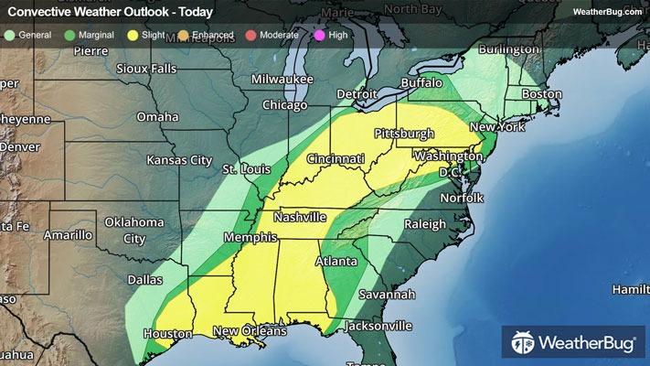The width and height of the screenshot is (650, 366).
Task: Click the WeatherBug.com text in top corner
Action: tap(607, 11)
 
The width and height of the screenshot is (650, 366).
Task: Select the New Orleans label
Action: tap(250, 331)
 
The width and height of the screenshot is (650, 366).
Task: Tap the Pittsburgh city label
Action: tap(403, 134)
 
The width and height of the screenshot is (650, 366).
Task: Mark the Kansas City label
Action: tap(179, 160)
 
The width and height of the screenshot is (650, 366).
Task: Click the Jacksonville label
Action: tap(378, 325)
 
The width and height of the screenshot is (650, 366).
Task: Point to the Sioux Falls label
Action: tap(152, 69)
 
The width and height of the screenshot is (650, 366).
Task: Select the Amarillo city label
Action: tap(65, 235)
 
